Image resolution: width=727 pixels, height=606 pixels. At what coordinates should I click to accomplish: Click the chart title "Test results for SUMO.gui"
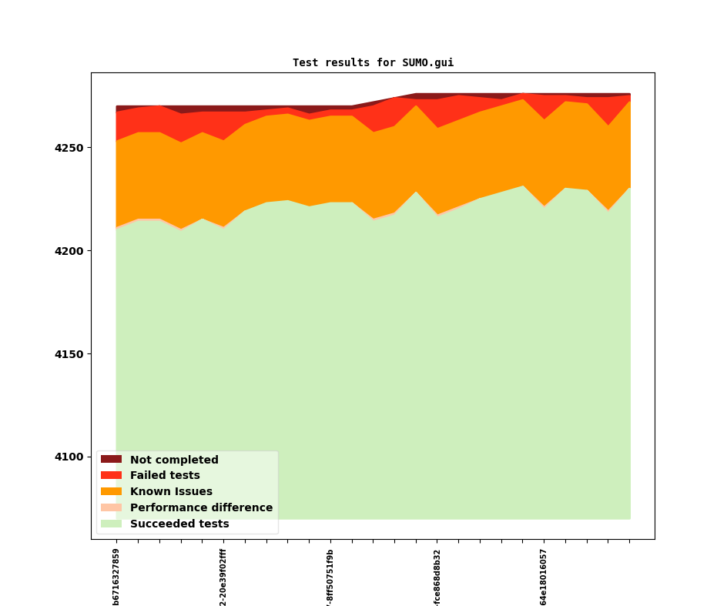[373, 62]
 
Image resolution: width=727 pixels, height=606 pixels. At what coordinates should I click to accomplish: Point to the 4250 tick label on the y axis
[71, 148]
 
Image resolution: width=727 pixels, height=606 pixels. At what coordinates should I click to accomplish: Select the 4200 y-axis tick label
[71, 251]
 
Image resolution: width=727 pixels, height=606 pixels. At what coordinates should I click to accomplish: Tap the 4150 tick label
[71, 354]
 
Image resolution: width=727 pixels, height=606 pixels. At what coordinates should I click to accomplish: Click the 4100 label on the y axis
[71, 457]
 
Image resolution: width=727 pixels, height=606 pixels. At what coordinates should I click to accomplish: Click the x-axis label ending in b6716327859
[116, 576]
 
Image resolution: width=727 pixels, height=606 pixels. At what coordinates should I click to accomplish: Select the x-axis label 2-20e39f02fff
[223, 576]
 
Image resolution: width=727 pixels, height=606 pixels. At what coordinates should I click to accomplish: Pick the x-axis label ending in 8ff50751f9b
[330, 576]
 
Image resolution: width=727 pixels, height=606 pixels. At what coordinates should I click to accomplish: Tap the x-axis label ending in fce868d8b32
[437, 576]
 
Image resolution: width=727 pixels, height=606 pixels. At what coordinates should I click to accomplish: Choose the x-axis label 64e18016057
[544, 576]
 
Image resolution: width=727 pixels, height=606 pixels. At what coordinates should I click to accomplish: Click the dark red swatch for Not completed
[111, 460]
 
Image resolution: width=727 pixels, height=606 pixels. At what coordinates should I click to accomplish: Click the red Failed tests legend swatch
[111, 476]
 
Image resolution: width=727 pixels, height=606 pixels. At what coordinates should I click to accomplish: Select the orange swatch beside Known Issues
[111, 491]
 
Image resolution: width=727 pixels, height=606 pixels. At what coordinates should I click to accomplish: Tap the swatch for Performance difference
[111, 507]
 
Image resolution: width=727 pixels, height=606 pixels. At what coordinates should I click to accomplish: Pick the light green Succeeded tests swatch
[111, 524]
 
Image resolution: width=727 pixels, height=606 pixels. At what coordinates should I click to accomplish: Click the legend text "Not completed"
[174, 460]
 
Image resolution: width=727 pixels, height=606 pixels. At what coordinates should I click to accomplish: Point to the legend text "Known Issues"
[171, 491]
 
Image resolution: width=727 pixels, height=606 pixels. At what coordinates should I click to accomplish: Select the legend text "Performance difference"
[201, 507]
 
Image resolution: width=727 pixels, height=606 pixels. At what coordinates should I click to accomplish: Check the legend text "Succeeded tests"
[179, 524]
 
